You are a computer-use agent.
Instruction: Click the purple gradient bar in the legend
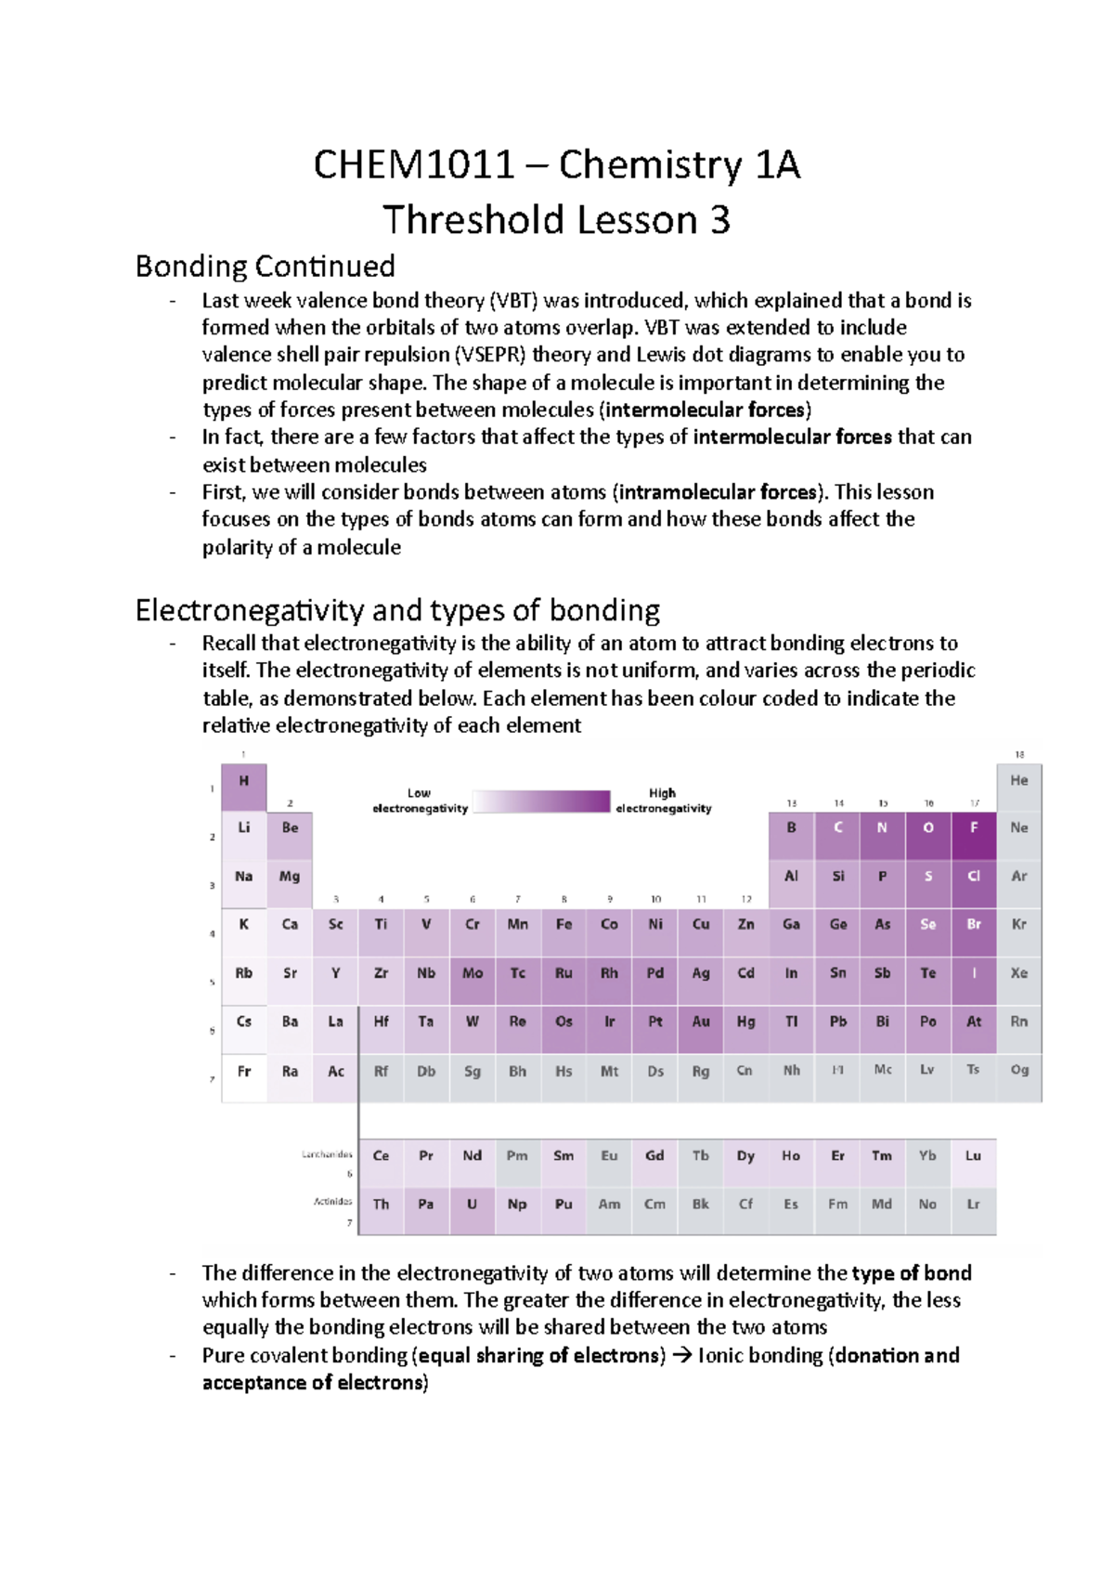point(541,802)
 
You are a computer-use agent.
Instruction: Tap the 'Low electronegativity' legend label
point(420,801)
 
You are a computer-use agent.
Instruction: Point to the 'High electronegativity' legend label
point(663,801)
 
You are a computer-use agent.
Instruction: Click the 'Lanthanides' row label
point(327,1154)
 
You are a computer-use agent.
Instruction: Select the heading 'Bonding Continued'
point(265,267)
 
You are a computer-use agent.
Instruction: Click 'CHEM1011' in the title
point(413,166)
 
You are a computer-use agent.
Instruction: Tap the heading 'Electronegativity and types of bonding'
point(397,610)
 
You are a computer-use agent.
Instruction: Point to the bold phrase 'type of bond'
point(911,1273)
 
